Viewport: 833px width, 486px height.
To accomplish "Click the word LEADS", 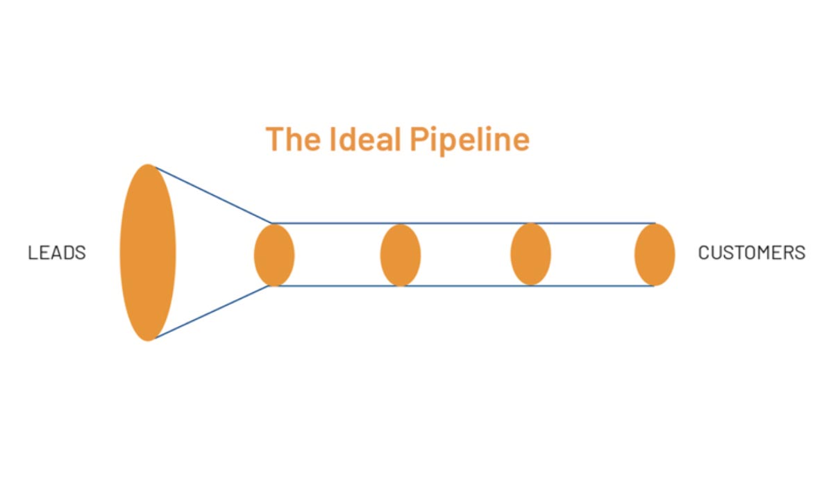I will click(x=57, y=253).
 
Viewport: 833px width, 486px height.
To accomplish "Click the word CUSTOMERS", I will click(x=751, y=253).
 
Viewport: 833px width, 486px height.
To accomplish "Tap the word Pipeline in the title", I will click(x=469, y=139).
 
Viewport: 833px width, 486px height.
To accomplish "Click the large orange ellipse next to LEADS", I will click(x=148, y=253).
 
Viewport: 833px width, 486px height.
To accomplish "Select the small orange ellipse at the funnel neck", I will click(x=274, y=255).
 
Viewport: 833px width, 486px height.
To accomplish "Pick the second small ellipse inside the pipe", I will click(x=401, y=255).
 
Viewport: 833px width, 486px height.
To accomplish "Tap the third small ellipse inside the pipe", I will click(x=530, y=255).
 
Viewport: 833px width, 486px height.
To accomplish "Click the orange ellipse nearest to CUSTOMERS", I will click(x=655, y=255).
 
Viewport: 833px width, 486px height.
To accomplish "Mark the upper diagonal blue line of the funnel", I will click(x=212, y=195).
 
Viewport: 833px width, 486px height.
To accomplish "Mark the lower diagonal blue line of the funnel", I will click(x=212, y=312).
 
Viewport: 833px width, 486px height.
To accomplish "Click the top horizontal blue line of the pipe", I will click(x=465, y=224).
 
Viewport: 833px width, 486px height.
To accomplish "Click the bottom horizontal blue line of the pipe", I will click(x=465, y=286).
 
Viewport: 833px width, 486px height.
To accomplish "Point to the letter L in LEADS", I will click(x=32, y=253).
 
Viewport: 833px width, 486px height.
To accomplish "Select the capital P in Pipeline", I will click(x=419, y=139).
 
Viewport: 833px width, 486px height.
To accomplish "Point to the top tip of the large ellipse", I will click(x=148, y=165).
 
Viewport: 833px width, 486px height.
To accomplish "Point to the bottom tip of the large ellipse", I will click(x=148, y=340).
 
